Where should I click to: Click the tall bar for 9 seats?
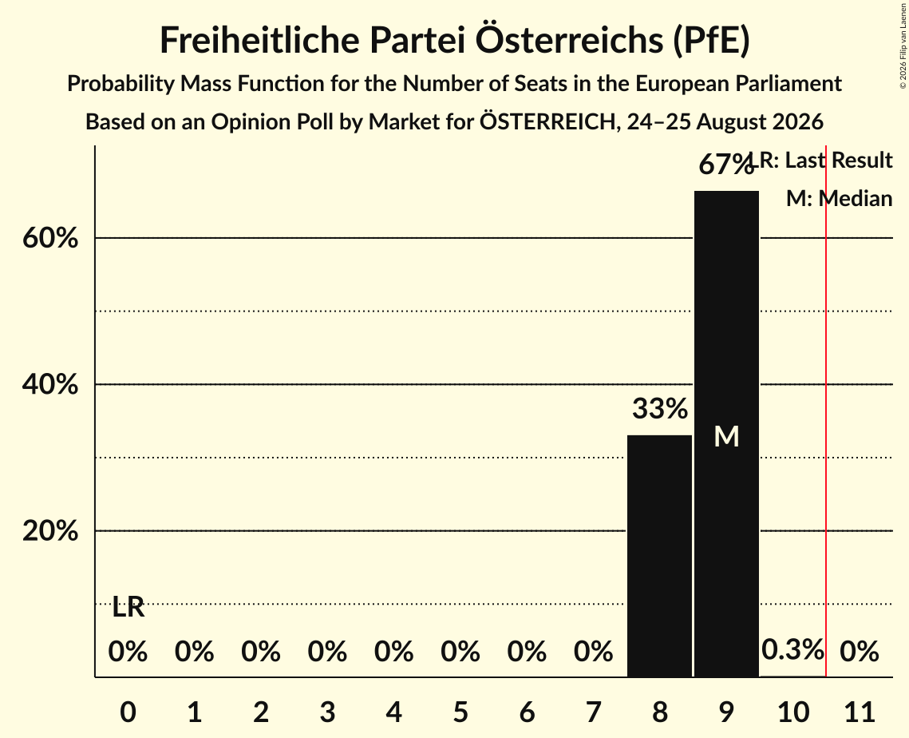pos(726,434)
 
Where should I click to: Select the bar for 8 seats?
pos(660,556)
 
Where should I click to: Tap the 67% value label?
pos(725,165)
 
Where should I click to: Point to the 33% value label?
pos(660,408)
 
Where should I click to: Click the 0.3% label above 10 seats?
pos(792,649)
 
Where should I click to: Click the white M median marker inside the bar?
pos(726,436)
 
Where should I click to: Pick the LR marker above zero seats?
pos(128,607)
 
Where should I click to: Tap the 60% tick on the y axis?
pos(50,238)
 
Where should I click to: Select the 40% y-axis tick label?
pos(50,384)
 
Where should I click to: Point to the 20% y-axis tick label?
pos(50,531)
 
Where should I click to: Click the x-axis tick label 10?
pos(793,712)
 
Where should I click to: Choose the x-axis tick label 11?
pos(860,712)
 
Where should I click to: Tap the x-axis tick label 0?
pos(128,712)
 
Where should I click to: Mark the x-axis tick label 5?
pos(460,712)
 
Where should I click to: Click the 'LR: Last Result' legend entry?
pos(821,160)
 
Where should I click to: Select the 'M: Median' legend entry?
pos(840,199)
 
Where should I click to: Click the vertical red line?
pos(826,411)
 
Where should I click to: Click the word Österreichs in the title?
pos(569,40)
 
